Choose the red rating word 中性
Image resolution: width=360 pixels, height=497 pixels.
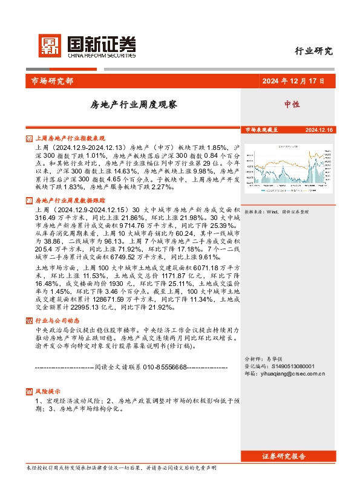coord(292,104)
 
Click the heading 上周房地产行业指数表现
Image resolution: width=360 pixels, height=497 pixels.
coord(70,138)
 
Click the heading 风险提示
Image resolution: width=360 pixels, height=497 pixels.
coord(48,391)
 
